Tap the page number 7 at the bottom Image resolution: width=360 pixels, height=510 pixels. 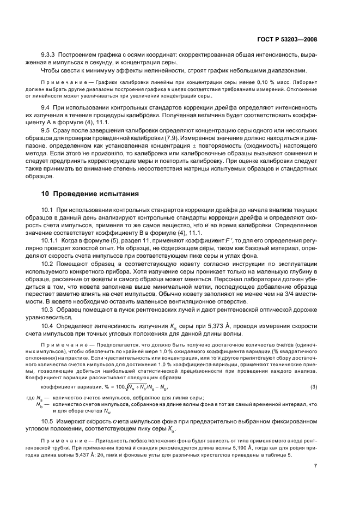tap(316, 466)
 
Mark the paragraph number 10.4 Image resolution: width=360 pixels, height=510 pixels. tap(47, 325)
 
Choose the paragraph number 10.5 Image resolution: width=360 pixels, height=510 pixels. tap(47, 422)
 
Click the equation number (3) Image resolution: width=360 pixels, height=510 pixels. tap(314, 386)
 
